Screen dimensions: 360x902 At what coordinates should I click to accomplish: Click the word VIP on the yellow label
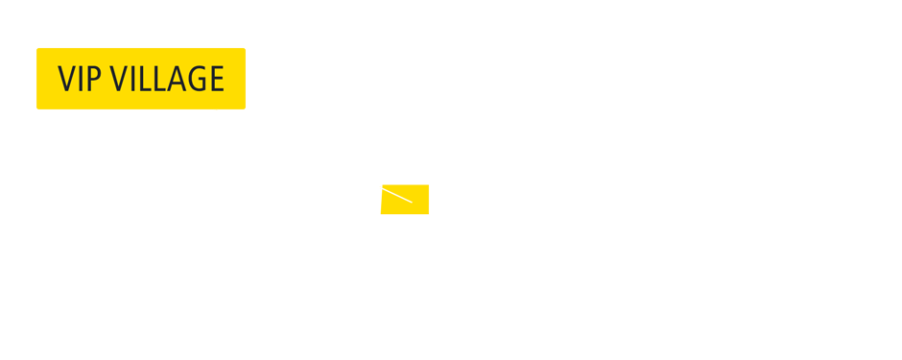tap(80, 79)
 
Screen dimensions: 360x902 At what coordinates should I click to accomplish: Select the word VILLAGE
tap(167, 79)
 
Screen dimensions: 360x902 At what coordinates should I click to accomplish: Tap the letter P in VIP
tap(94, 79)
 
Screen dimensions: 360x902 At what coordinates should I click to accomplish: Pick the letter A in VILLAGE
tap(176, 79)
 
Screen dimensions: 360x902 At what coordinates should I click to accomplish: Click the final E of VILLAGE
tap(215, 79)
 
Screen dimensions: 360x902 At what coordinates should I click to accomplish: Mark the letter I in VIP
tap(82, 79)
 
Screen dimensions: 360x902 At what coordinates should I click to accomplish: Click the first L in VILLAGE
tap(145, 79)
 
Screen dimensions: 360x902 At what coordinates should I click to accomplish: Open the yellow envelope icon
tap(404, 200)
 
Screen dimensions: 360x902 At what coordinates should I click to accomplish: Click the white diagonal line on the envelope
tap(396, 195)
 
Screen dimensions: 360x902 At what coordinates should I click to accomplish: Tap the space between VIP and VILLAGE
tap(106, 79)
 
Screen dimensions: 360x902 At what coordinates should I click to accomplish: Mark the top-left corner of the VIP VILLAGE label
tap(38, 50)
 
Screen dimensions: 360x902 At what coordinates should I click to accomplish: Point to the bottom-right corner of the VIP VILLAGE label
tap(244, 108)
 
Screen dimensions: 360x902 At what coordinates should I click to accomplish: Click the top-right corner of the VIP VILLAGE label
tap(244, 50)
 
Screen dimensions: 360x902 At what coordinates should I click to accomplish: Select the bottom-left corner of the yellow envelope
tap(381, 213)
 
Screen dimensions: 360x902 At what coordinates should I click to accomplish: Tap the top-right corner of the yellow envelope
tap(428, 185)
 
